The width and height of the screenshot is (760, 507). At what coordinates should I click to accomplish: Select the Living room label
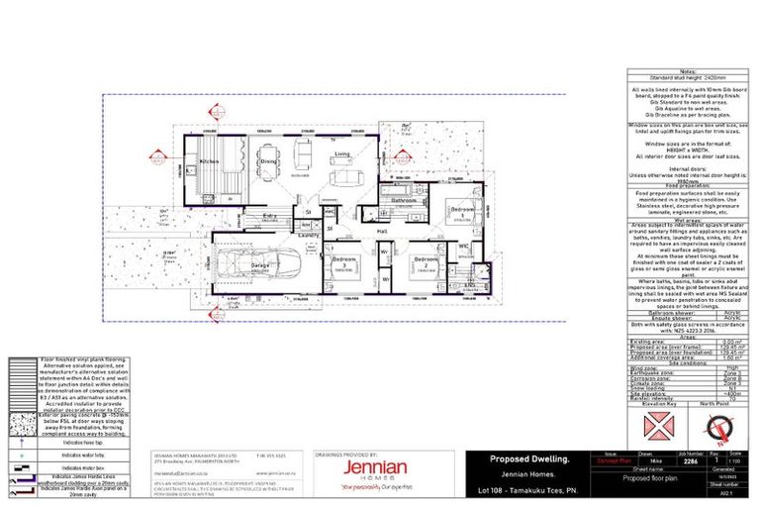coord(341,155)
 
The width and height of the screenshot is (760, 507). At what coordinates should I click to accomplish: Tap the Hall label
coord(381,232)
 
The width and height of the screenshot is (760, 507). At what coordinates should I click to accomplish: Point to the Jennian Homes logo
coord(374,466)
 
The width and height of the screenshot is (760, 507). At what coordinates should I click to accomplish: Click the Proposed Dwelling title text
coord(531,458)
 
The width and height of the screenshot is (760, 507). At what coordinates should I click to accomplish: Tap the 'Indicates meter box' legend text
coord(83,465)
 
